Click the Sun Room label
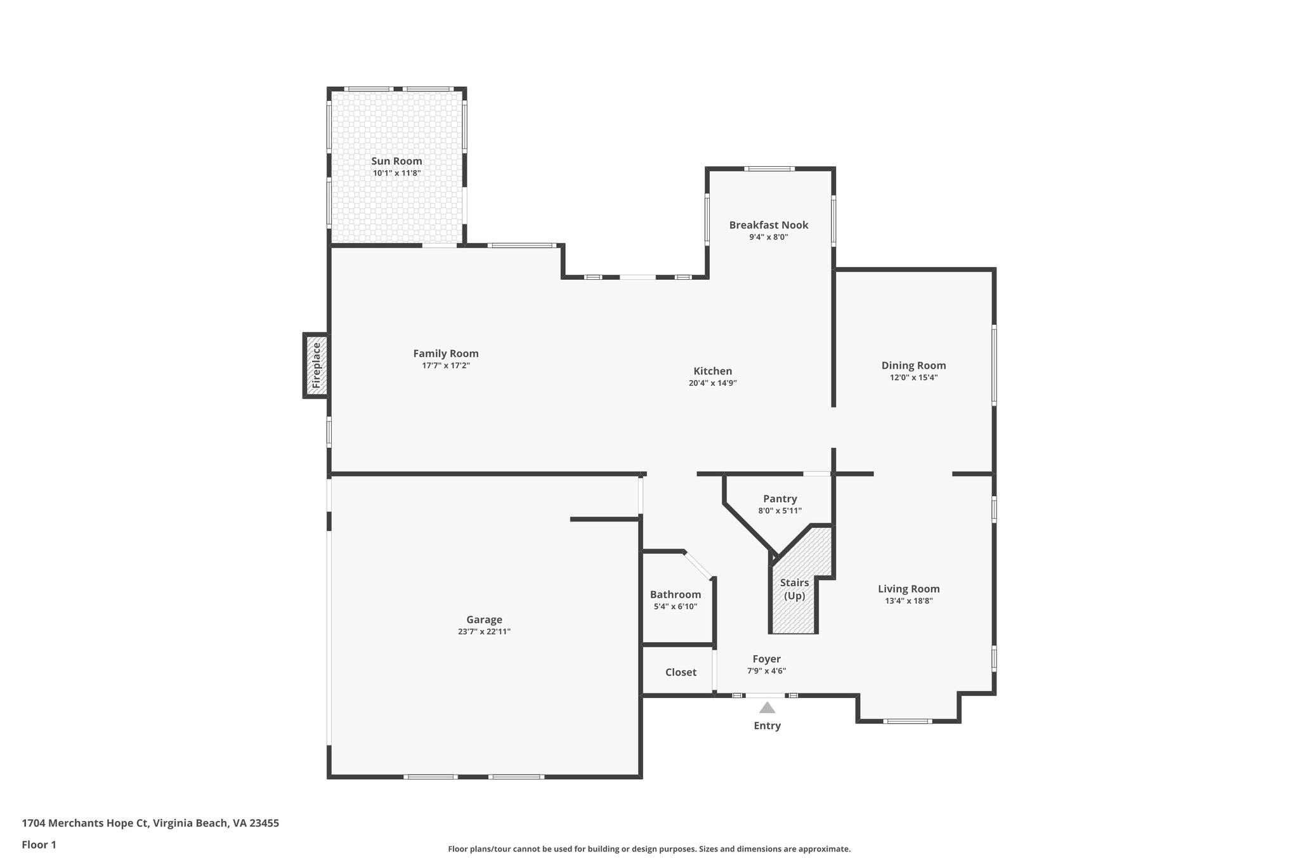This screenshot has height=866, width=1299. (396, 161)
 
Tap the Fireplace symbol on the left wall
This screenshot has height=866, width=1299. (316, 365)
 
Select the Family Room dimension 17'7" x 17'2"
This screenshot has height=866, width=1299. (445, 366)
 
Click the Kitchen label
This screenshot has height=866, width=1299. (712, 371)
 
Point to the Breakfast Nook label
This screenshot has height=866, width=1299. (768, 225)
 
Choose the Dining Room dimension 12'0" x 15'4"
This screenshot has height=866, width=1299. (913, 377)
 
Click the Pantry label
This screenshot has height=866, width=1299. (780, 499)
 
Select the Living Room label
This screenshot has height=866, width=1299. (908, 589)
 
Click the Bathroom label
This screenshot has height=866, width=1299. (675, 594)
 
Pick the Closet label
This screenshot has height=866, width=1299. (681, 672)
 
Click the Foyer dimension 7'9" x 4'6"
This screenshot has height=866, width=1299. (766, 671)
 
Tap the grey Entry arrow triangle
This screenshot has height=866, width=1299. (767, 708)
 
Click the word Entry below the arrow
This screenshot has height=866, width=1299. (767, 726)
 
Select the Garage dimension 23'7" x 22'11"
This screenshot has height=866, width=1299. (484, 632)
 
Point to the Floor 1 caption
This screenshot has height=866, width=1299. (39, 844)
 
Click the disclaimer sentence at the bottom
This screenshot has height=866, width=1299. (649, 849)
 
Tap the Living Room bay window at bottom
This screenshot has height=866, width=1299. (907, 721)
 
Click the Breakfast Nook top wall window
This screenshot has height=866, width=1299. (769, 169)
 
